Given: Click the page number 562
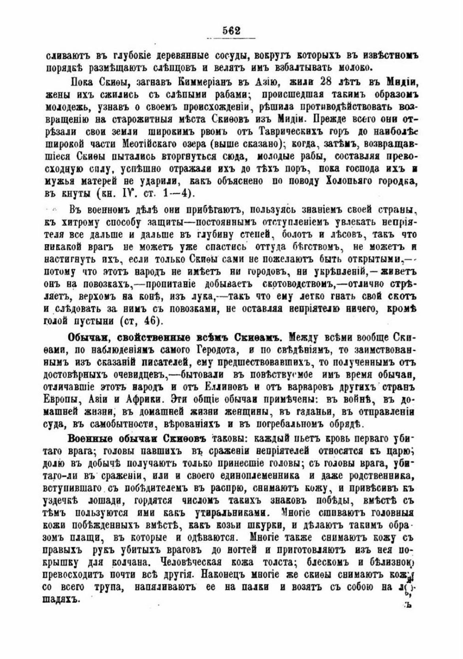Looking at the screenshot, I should [231, 30].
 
